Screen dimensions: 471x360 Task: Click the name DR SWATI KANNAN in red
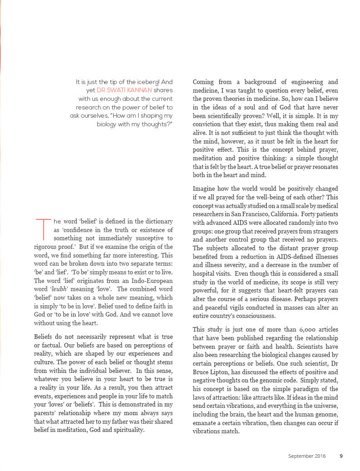coord(123,90)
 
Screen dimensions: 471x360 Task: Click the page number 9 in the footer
coord(341,456)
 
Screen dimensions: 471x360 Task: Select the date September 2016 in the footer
coord(307,456)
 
